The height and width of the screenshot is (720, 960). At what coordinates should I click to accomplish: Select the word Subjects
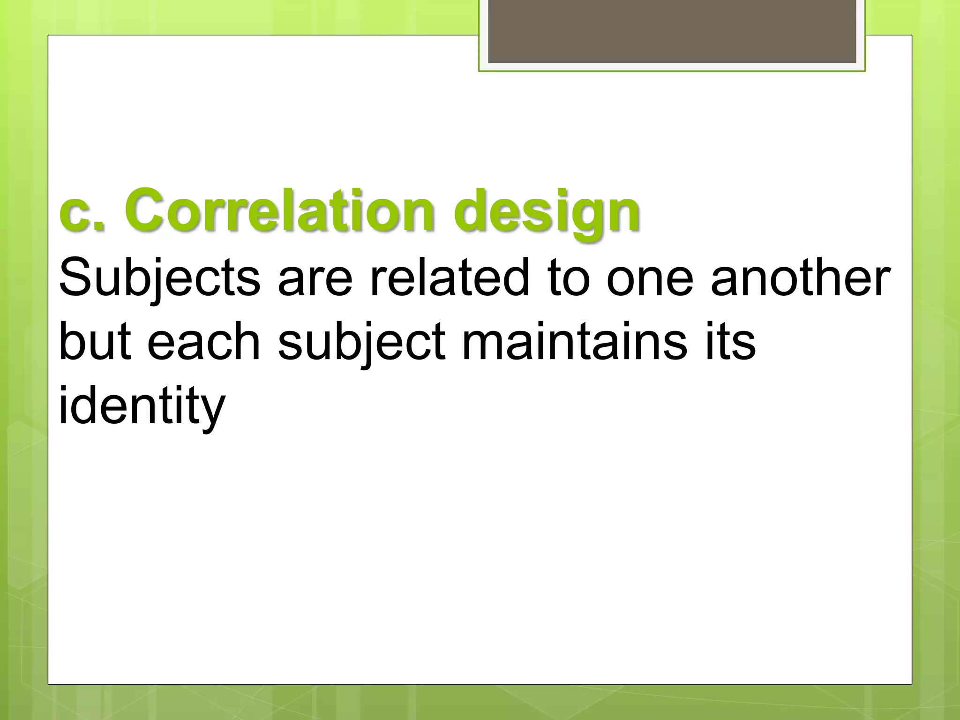[x=159, y=279]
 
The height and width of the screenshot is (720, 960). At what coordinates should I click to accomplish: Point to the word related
[x=450, y=278]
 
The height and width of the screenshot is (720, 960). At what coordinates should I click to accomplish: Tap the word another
[x=801, y=278]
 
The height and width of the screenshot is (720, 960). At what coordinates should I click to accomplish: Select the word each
[x=203, y=342]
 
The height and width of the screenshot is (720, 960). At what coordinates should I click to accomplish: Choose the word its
[x=729, y=342]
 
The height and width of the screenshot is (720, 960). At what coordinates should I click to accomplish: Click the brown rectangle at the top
[x=672, y=31]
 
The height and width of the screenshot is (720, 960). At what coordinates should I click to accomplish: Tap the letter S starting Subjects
[x=75, y=278]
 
